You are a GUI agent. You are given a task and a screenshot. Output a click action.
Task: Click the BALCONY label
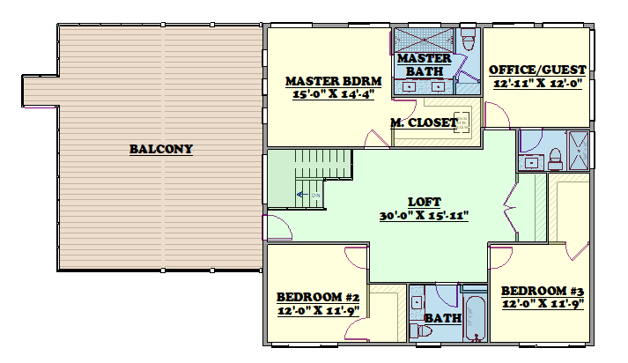[161, 149]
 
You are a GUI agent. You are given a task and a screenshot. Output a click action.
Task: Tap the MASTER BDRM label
[333, 81]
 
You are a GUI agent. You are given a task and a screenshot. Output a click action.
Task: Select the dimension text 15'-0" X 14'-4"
[333, 94]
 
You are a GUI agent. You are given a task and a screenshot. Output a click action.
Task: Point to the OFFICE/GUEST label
[537, 70]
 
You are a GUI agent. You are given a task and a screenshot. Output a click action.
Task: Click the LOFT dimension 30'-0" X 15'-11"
[425, 216]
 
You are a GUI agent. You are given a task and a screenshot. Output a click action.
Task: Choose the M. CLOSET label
[424, 122]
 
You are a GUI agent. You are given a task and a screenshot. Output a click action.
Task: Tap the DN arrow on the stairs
[302, 195]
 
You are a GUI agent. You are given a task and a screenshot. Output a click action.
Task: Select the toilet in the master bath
[468, 40]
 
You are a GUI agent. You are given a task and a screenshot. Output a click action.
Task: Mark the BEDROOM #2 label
[318, 297]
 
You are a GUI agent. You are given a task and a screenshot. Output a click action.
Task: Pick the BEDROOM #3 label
[543, 291]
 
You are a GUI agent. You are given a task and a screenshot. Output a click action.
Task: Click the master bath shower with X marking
[425, 40]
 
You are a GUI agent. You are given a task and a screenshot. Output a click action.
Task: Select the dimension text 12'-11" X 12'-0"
[537, 84]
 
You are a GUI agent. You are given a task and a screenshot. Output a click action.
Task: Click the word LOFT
[425, 202]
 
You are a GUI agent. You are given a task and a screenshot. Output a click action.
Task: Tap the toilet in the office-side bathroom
[556, 159]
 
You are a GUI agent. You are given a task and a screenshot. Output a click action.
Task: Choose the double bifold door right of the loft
[511, 207]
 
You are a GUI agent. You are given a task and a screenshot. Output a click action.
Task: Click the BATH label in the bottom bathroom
[442, 319]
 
